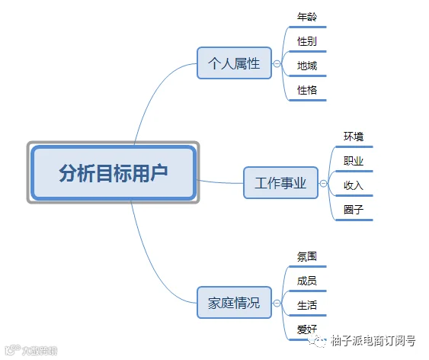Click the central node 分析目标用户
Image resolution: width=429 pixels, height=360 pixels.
point(114,172)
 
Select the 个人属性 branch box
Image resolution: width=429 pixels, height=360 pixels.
point(234,63)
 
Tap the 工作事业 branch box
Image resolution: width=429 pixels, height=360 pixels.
point(280,183)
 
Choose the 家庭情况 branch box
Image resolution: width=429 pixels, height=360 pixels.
point(234,303)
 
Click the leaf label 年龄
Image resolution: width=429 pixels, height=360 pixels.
point(307,17)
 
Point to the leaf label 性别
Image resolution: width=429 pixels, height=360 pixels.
point(307,41)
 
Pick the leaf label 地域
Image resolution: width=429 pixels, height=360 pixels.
point(307,66)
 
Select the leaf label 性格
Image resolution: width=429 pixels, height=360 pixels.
point(307,90)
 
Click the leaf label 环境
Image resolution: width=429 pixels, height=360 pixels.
point(354,137)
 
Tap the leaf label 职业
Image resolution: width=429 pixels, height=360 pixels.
point(354,161)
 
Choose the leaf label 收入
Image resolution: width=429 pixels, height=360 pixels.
point(354,185)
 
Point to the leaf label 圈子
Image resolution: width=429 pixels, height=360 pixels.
point(354,210)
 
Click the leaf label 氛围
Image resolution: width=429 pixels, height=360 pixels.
point(307,256)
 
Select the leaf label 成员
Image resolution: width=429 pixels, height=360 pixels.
point(307,281)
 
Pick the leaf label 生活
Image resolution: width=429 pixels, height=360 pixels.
point(307,305)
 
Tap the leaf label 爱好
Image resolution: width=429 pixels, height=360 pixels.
point(307,329)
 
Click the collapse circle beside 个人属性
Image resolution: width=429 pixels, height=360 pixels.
point(277,64)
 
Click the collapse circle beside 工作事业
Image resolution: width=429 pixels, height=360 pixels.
point(323,183)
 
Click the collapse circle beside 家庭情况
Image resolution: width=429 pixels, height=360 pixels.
point(277,303)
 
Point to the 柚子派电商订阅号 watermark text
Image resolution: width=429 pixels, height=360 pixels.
point(373,341)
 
